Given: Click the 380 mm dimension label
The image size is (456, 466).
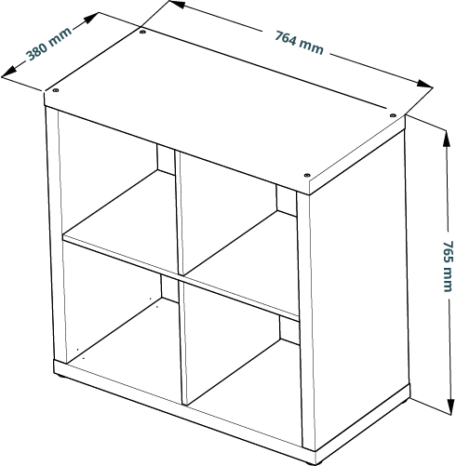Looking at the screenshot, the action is pos(49,45).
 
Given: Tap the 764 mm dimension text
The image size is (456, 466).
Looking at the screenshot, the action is pos(300,43).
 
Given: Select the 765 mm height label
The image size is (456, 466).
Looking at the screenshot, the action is pos(447,266).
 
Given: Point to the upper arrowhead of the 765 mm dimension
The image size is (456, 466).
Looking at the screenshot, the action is pos(447,138).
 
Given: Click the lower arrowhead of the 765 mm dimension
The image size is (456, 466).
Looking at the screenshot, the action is pos(449,406).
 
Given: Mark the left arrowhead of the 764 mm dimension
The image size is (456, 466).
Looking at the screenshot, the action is pos(178,4).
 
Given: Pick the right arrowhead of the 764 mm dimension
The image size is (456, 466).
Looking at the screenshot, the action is pos(424,84).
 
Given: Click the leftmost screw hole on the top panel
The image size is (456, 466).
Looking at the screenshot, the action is pos(56,90).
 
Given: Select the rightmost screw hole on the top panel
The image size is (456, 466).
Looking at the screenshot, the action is pos(393,115).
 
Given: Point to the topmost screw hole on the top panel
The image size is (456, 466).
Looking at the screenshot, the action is pos(142,32).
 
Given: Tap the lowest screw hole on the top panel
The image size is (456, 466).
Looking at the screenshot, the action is pos(307,175).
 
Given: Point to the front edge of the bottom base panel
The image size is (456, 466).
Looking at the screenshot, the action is pos(184,411).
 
